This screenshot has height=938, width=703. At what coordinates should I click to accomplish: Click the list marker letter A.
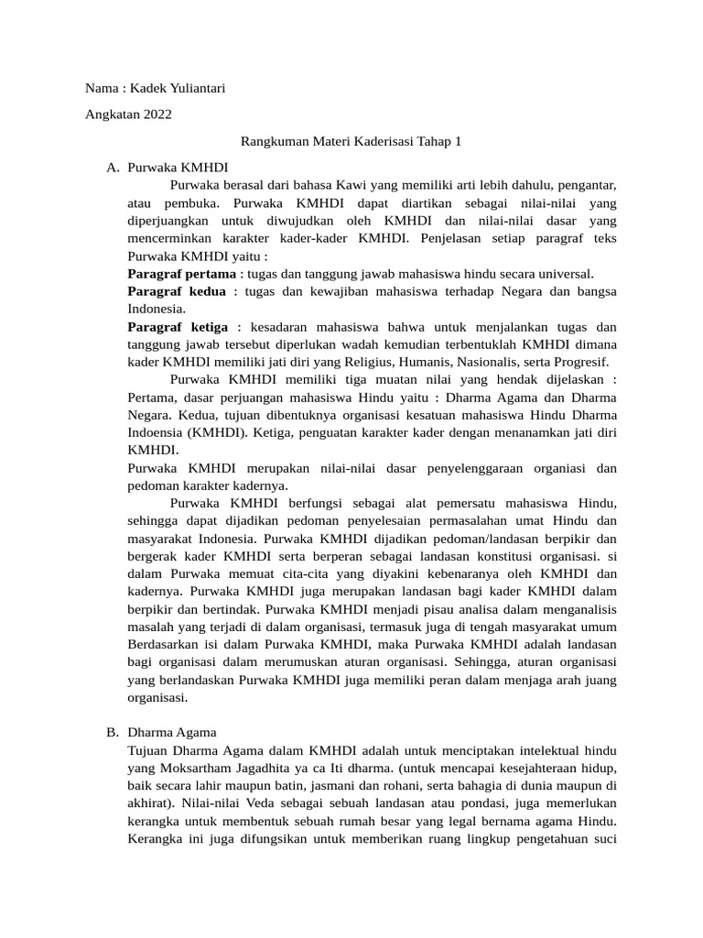112,168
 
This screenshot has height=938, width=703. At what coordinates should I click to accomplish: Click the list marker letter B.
112,732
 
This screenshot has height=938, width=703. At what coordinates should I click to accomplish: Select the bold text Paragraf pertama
179,274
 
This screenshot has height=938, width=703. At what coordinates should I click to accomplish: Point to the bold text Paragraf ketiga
178,327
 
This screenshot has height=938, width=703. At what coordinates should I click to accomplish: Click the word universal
564,274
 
